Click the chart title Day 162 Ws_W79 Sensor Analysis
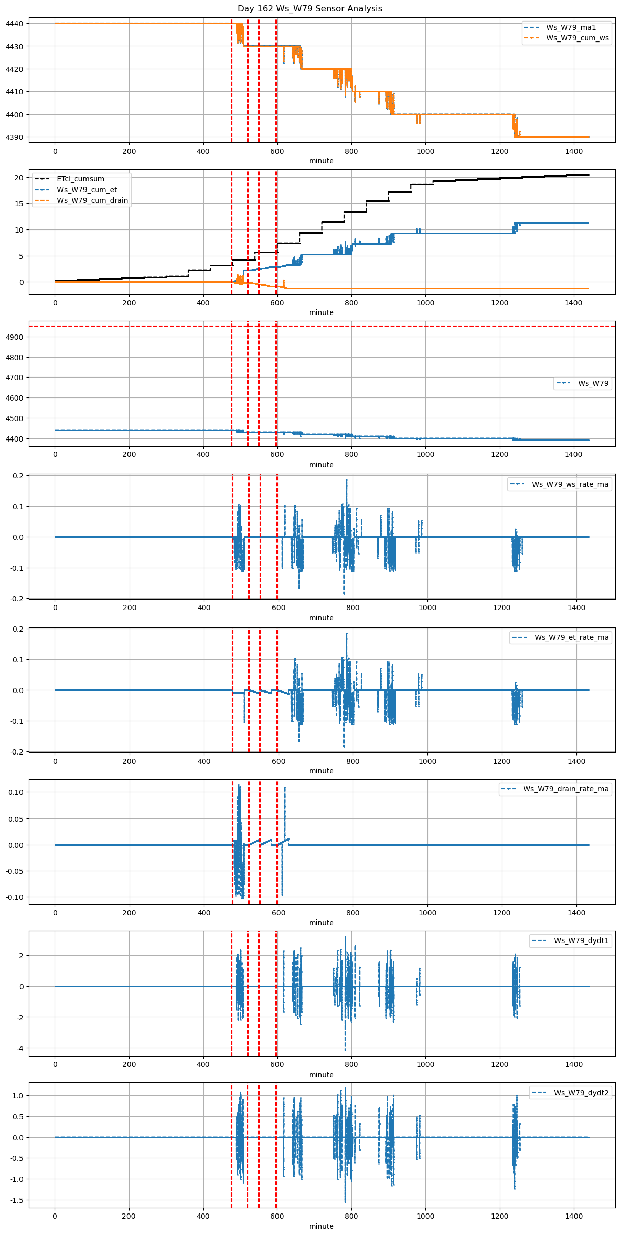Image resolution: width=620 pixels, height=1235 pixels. point(310,9)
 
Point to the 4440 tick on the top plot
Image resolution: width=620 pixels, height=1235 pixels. point(14,24)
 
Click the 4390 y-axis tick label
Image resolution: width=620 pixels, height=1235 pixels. point(14,137)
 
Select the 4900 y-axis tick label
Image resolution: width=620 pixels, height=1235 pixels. point(14,337)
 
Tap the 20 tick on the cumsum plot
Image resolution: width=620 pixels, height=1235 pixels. point(19,178)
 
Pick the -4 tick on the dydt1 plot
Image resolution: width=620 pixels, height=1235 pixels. point(19,1048)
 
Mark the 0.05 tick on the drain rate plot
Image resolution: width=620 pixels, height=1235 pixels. point(16,819)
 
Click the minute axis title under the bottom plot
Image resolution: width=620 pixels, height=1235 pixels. point(321,1226)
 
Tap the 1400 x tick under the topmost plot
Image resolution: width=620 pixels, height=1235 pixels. point(573,151)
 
